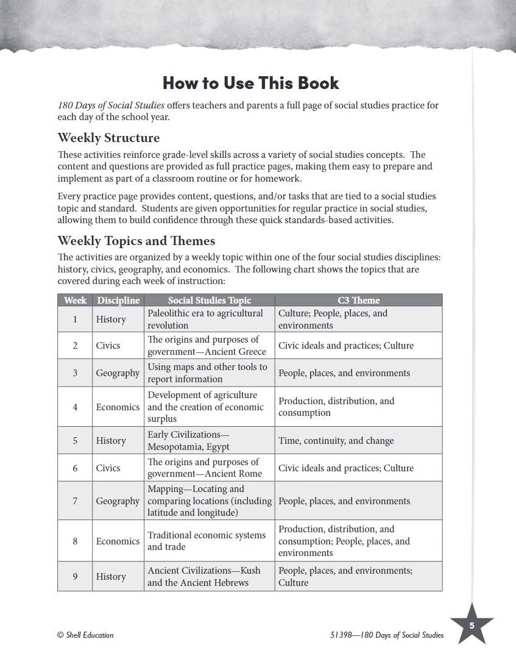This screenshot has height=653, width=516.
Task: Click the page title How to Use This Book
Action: [250, 83]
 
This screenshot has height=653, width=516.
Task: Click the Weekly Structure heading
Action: [108, 137]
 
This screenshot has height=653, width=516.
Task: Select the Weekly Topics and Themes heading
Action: [136, 240]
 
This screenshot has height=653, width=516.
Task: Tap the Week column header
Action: [75, 300]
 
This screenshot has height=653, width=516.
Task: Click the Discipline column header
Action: [118, 300]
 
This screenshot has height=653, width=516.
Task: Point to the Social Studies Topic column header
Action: [209, 300]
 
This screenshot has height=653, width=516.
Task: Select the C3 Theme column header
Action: [358, 300]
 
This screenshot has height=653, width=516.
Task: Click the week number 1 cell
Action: [75, 319]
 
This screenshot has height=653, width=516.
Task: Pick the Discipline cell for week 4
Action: [118, 407]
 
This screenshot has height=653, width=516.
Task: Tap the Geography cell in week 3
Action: [118, 373]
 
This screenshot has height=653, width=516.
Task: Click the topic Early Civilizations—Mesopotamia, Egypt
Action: [188, 440]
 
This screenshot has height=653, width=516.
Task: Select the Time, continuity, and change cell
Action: [336, 440]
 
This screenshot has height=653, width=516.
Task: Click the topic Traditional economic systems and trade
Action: [207, 541]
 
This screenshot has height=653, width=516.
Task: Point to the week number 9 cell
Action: [75, 576]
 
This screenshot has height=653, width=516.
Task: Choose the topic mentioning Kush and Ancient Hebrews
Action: [203, 576]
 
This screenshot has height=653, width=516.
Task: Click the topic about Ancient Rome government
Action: [204, 468]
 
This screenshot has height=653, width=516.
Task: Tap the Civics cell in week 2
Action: [108, 345]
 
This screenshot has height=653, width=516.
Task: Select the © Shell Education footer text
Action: [85, 635]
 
